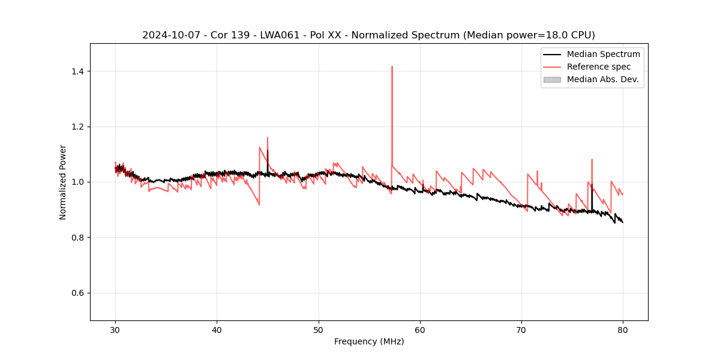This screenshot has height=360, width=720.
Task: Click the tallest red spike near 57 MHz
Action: (392, 67)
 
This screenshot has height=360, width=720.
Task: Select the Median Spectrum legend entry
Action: (603, 54)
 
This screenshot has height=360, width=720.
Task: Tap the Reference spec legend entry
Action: (598, 67)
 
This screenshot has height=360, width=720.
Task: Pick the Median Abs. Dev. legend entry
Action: (602, 79)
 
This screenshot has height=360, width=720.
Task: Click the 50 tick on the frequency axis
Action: (319, 321)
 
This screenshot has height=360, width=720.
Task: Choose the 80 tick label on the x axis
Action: (623, 329)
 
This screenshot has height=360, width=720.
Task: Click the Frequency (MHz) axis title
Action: (369, 341)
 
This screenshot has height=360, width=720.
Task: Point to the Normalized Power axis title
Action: (63, 182)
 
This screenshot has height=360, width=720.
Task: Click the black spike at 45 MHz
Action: (268, 152)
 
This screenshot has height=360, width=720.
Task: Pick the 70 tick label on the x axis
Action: (521, 329)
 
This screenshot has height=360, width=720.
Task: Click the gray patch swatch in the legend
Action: (552, 79)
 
